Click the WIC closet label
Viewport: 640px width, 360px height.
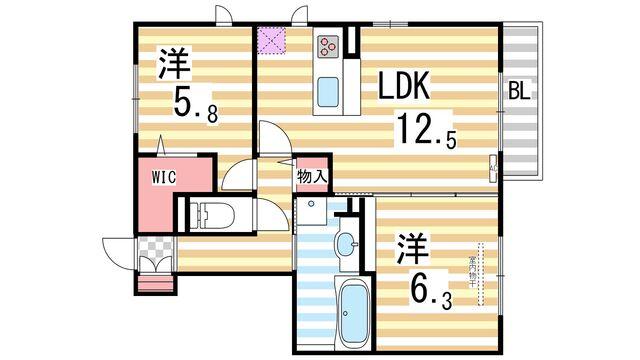click(x=164, y=177)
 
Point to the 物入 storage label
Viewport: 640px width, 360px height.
click(x=312, y=177)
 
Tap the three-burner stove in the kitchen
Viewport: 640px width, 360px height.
click(x=330, y=45)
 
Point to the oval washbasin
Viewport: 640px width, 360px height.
click(x=344, y=243)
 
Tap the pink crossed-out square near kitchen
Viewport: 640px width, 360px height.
click(x=271, y=40)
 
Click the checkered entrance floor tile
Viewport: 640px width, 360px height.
click(x=155, y=246)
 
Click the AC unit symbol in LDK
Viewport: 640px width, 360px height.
click(x=493, y=165)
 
